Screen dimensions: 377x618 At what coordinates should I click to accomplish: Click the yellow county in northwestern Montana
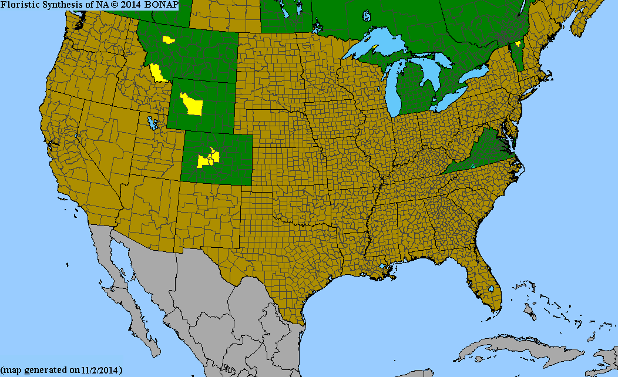pos(169,40)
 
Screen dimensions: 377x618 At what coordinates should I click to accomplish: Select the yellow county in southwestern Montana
pos(156,73)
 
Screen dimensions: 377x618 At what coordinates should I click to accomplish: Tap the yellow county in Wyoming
pos(191,104)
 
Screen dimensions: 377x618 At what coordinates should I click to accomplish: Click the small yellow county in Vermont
pos(518,44)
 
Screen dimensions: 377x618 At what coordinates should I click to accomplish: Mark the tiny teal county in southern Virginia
pos(472,167)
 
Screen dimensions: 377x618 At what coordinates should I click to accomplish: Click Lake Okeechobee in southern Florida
pos(491,290)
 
